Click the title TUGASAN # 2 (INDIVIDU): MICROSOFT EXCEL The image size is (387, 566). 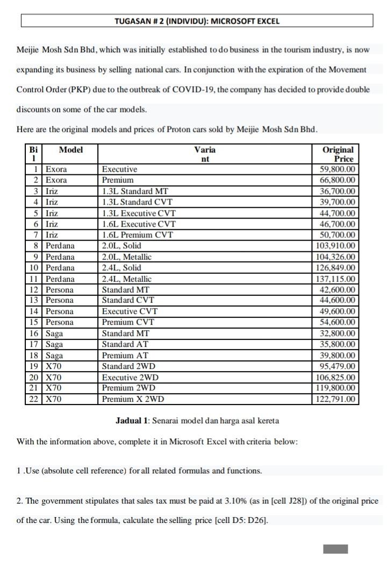click(197, 22)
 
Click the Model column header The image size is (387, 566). click(70, 150)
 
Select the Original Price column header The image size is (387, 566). click(338, 154)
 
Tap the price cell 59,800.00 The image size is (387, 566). click(337, 169)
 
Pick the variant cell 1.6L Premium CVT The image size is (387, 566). click(138, 235)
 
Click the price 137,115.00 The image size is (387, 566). click(336, 279)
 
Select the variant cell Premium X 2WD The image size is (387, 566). click(133, 399)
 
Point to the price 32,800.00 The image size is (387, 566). click(337, 334)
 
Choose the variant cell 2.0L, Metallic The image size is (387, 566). click(127, 257)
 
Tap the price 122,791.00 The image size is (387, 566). click(336, 399)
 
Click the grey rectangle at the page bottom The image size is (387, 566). click(335, 549)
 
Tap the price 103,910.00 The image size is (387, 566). click(336, 246)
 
